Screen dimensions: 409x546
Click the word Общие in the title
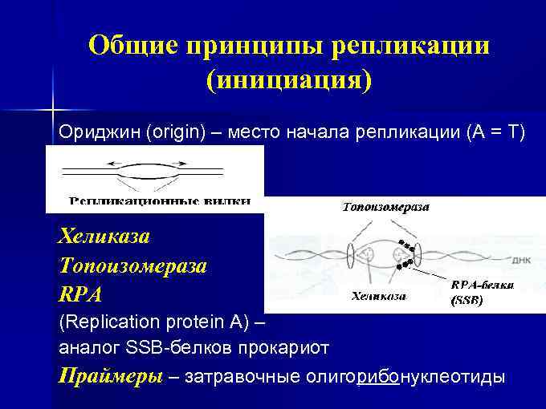(132, 46)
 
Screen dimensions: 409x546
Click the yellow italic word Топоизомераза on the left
(133, 265)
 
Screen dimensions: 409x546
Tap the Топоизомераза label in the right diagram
(385, 207)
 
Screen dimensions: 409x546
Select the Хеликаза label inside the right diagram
(379, 296)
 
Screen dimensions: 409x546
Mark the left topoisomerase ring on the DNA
(351, 256)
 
